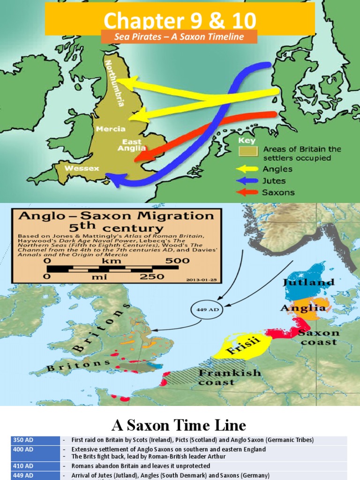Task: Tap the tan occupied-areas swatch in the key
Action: point(248,151)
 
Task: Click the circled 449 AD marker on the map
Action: point(204,310)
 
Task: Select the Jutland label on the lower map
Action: point(308,283)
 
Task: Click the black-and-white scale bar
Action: point(113,268)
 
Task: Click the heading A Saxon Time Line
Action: point(179,425)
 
